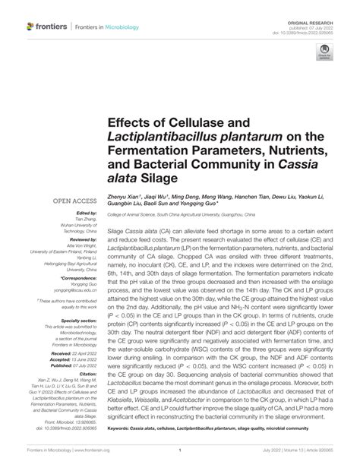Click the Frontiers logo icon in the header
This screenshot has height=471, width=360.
tap(31, 27)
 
